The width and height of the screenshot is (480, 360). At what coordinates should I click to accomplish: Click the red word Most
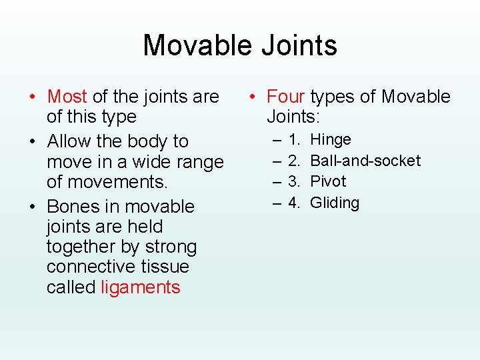point(67,97)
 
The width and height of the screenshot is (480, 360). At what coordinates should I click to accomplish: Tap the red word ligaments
point(141,287)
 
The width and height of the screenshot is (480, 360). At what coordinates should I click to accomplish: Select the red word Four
point(286,97)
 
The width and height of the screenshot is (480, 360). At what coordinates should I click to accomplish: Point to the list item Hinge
point(331,139)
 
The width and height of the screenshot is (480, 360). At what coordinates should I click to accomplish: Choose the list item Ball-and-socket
point(365,161)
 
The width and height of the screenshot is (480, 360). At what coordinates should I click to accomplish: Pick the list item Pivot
point(328,181)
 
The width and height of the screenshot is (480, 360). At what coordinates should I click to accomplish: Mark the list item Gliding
point(335,203)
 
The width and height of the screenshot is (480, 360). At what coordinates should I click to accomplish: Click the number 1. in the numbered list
point(294,139)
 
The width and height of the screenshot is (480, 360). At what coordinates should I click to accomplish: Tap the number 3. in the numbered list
point(294,181)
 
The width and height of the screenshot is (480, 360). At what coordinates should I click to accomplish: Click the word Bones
point(73,207)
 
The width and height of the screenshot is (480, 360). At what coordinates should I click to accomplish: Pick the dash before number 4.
point(276,203)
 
